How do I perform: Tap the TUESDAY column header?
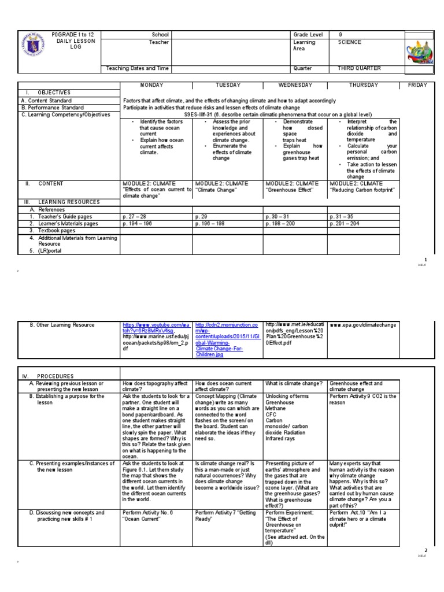coord(228,85)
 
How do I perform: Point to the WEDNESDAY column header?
coord(295,85)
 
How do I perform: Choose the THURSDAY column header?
coord(362,85)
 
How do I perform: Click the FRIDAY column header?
coord(417,85)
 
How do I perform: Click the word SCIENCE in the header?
coord(350,42)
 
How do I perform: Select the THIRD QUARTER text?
coord(359,68)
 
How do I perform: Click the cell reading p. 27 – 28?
coord(135,216)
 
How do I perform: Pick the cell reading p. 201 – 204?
coord(345,223)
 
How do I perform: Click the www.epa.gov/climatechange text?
coord(363,325)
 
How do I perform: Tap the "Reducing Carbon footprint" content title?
coord(362,189)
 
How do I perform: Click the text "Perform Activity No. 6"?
coord(147,512)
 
